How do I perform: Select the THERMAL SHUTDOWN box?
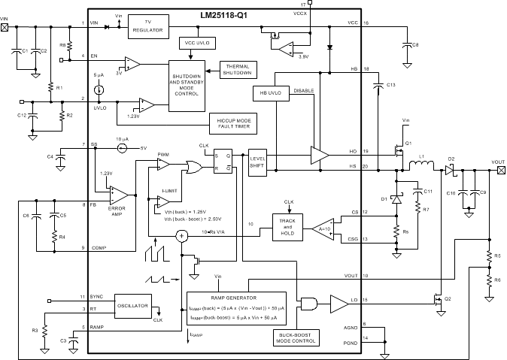(x=236, y=69)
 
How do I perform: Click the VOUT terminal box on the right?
(x=501, y=171)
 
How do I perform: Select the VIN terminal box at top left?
(x=5, y=27)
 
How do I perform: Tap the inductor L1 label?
(x=422, y=157)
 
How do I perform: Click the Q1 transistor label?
(x=408, y=144)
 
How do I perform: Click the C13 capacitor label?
(x=390, y=85)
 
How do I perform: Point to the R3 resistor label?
(x=33, y=330)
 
